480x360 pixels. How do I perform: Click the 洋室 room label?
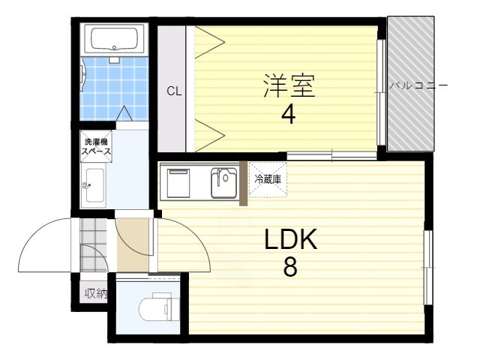pos(288,85)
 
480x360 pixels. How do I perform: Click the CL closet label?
pos(174,91)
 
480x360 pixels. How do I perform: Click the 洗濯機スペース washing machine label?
pos(96,147)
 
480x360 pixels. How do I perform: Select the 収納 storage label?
pos(95,293)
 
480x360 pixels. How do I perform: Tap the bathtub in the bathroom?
pos(114,37)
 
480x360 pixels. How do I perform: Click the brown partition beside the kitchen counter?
pos(242,183)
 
